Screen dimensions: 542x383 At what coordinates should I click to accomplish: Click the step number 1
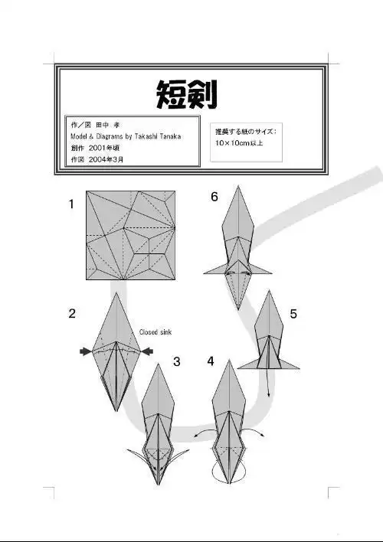click(71, 204)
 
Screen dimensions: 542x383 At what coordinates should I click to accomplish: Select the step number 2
click(71, 313)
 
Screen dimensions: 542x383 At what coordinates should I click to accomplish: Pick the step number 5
click(293, 313)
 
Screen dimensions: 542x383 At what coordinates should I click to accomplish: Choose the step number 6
click(214, 197)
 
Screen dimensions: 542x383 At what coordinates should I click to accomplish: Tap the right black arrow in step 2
click(147, 351)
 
